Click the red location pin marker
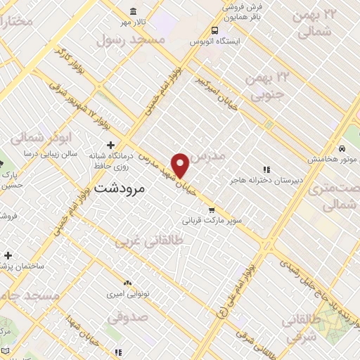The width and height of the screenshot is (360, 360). click(x=181, y=165)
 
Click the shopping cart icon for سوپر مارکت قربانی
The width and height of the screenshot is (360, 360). click(x=212, y=210)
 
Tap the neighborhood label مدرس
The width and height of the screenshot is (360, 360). click(x=208, y=155)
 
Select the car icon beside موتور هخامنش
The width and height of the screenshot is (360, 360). click(x=340, y=148)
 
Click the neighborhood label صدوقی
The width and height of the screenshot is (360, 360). click(x=128, y=318)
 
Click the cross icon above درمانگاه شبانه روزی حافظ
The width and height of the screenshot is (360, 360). click(x=110, y=144)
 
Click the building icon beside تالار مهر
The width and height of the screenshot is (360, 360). click(x=134, y=11)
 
